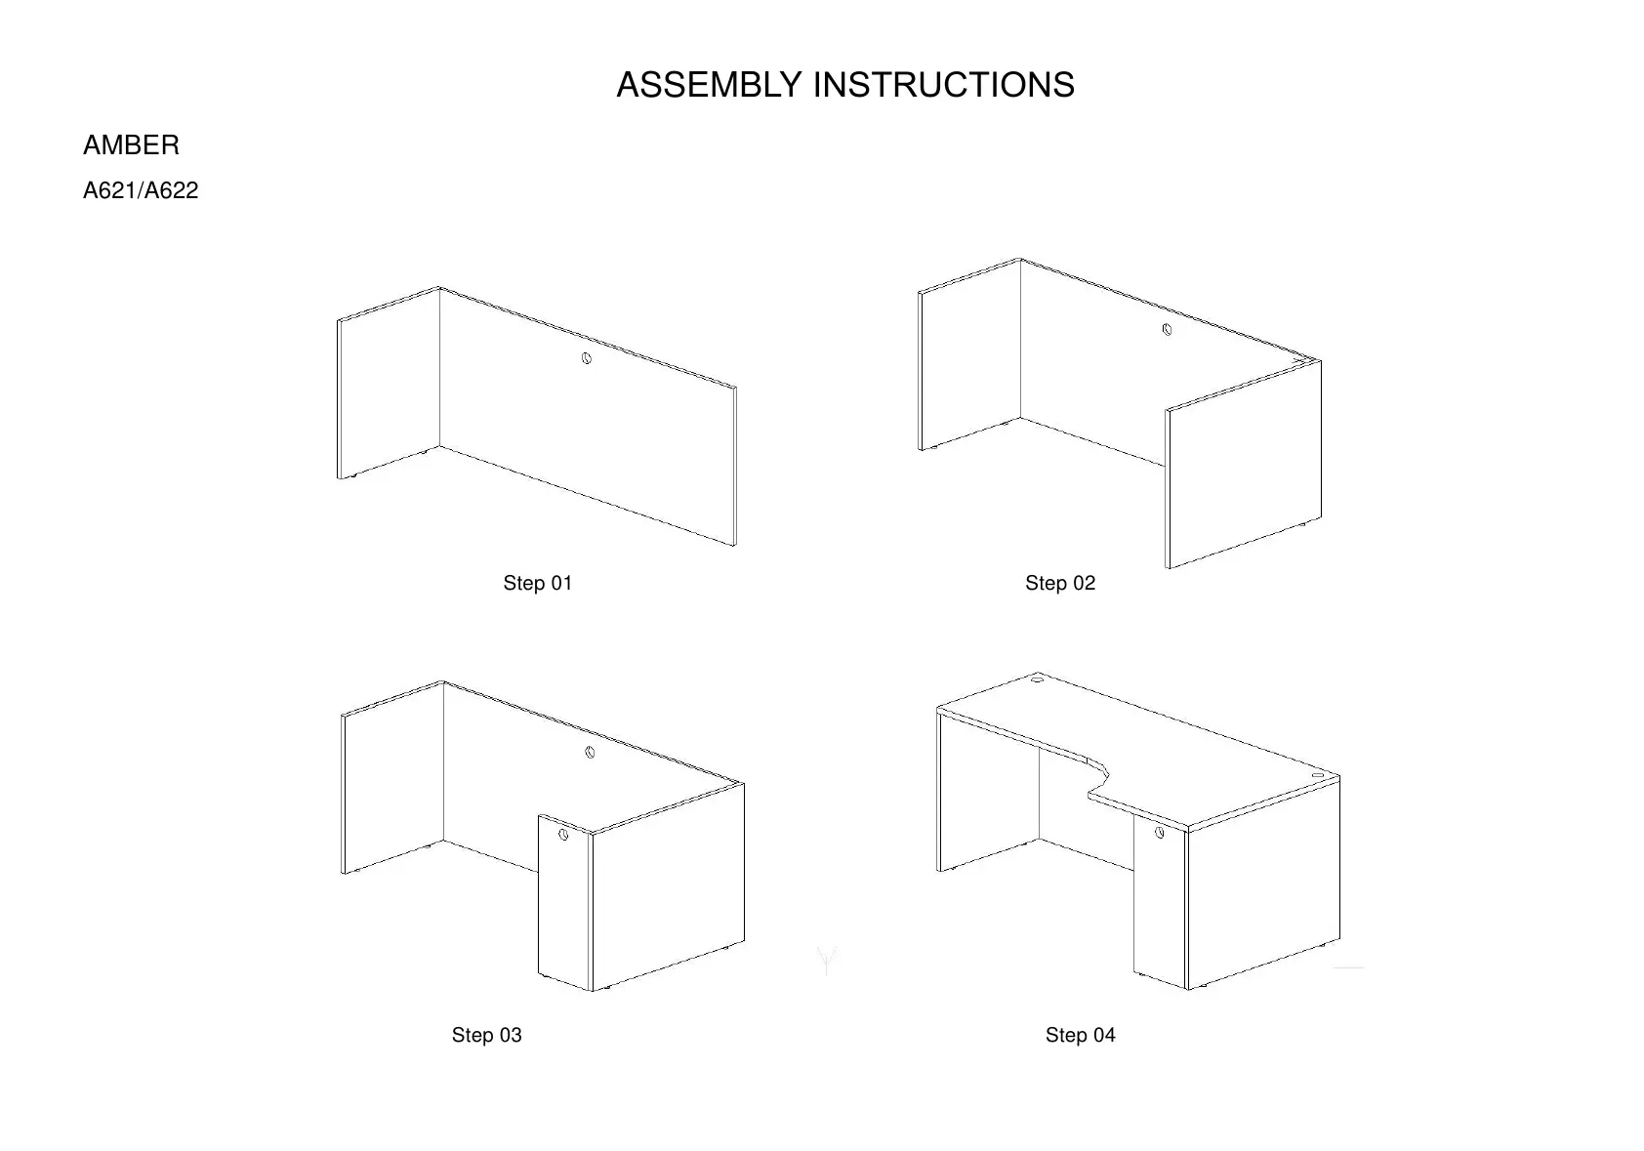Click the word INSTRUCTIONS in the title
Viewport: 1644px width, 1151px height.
(x=943, y=85)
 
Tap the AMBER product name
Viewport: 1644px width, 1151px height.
(x=131, y=145)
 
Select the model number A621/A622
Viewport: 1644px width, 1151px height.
(x=141, y=190)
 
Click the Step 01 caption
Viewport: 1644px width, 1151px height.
(x=537, y=583)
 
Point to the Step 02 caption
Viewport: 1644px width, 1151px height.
(x=1059, y=583)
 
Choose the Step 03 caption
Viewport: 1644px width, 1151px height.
(x=486, y=1035)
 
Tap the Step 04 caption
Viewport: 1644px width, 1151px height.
(x=1080, y=1035)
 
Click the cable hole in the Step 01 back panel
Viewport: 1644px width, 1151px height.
(x=586, y=358)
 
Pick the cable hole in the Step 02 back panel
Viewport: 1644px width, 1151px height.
(x=1167, y=330)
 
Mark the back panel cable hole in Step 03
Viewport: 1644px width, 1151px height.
(x=590, y=752)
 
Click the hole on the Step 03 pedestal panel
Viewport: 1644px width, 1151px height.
(x=563, y=835)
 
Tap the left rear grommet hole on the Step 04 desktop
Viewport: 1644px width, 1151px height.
(x=1037, y=678)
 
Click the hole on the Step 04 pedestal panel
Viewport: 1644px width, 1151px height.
(x=1159, y=833)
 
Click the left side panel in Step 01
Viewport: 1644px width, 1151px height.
(x=388, y=383)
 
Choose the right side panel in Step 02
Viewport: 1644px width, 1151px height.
(x=1244, y=464)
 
